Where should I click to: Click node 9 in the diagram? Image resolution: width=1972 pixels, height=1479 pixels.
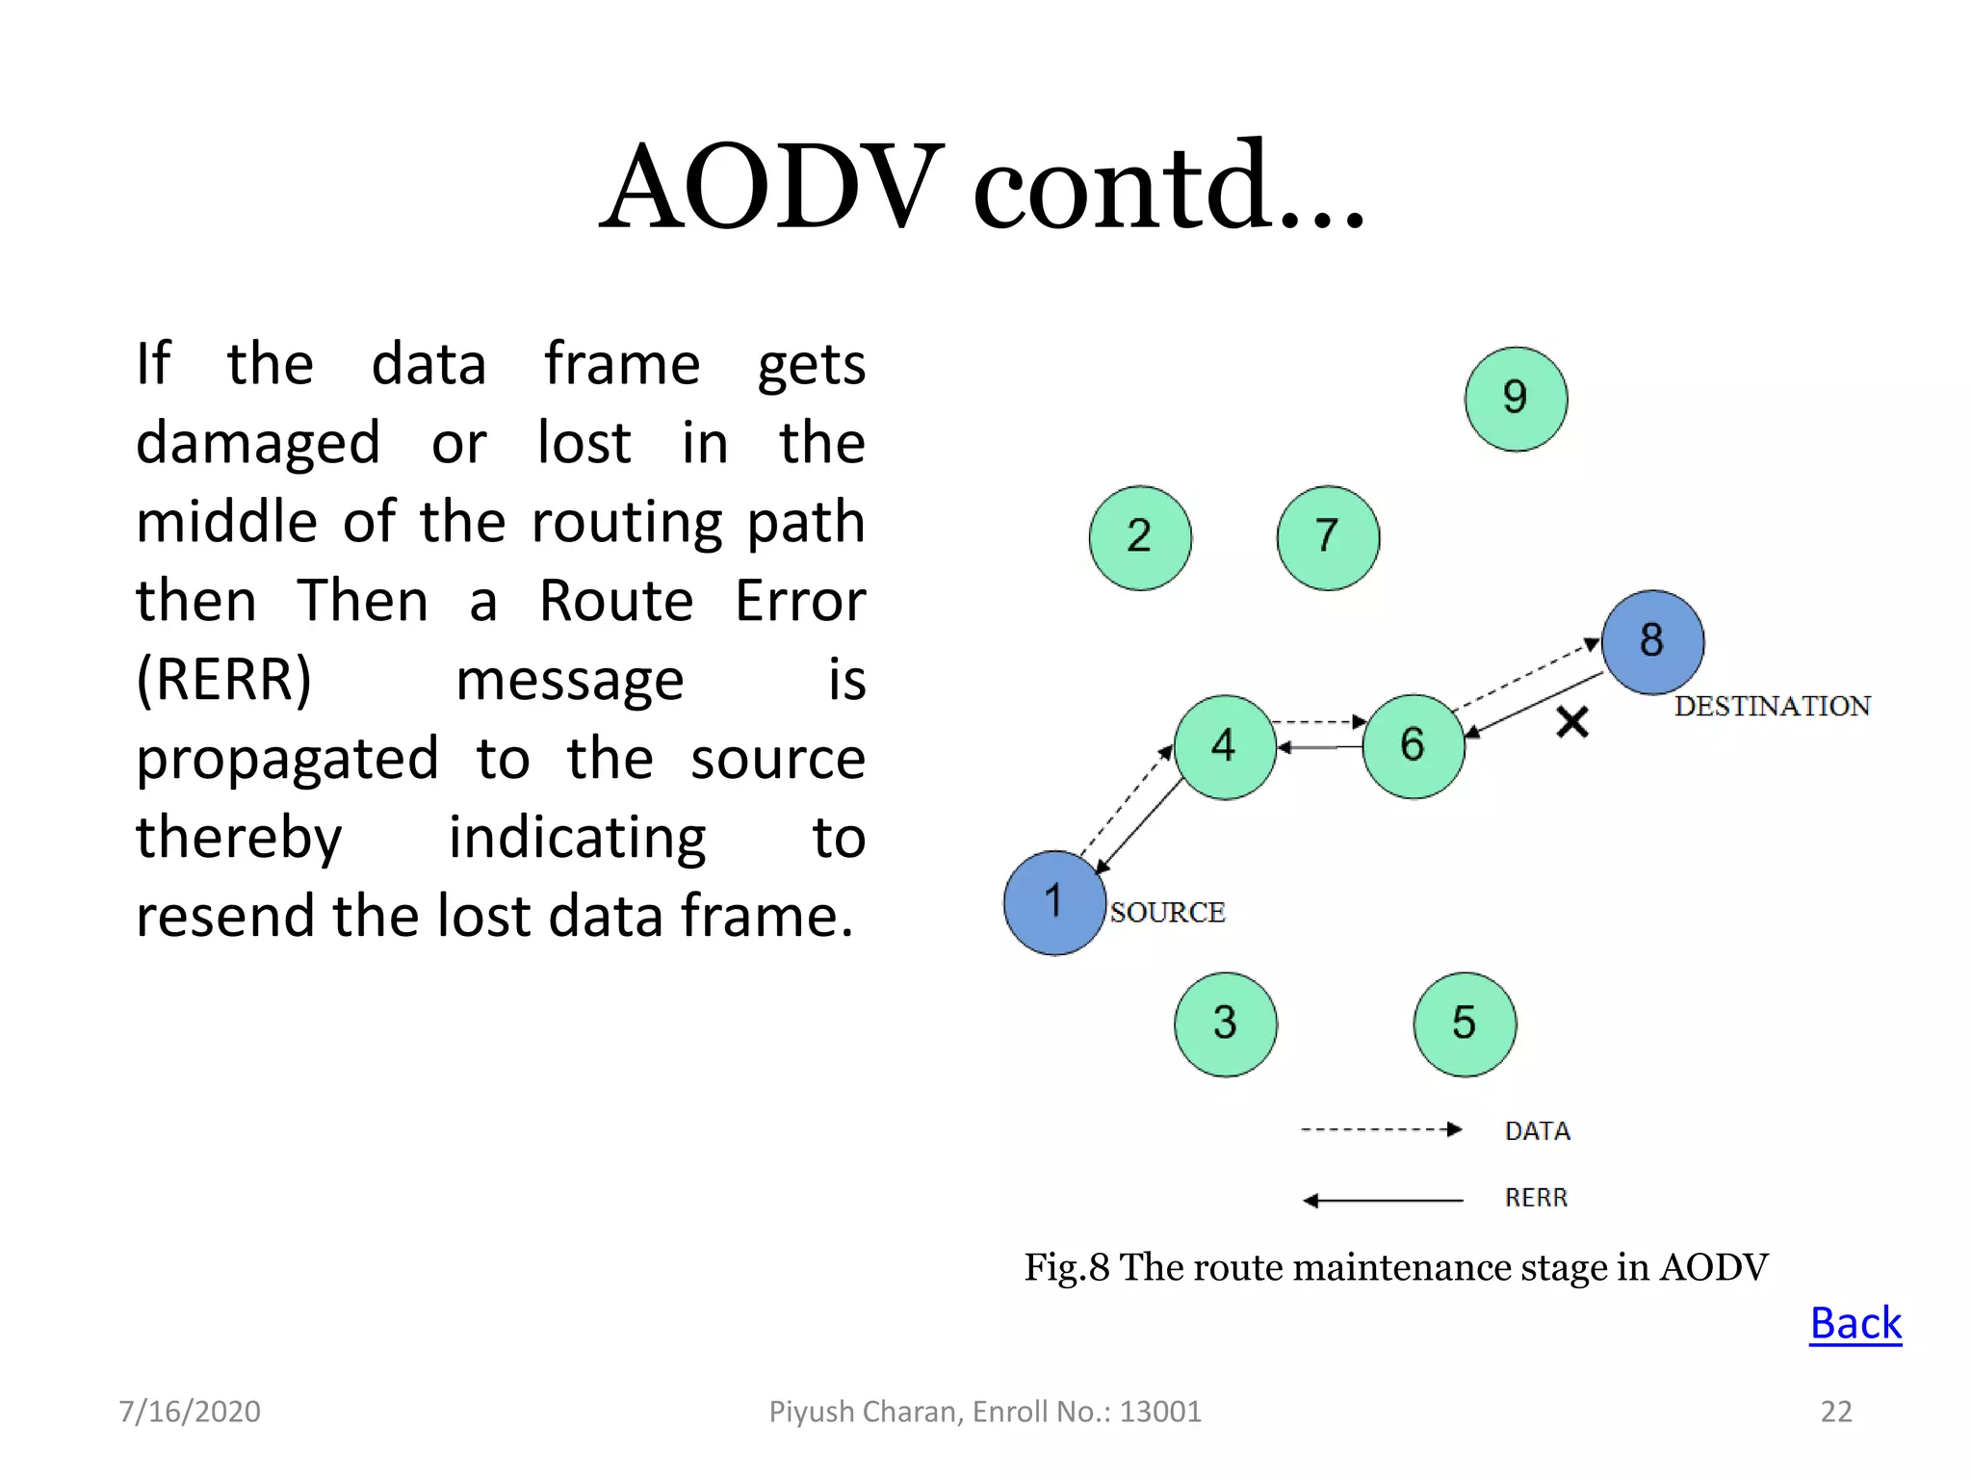[1516, 399]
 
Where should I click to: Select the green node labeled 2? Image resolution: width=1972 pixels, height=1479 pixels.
[1140, 537]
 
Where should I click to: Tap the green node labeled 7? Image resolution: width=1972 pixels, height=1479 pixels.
[1328, 537]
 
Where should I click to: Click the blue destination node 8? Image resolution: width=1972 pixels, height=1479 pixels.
[1652, 641]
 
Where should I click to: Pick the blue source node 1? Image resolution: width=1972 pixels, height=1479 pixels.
[1054, 902]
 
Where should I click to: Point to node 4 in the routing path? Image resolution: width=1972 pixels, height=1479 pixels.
[1225, 746]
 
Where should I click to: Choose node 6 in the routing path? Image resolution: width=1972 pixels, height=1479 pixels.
[1414, 746]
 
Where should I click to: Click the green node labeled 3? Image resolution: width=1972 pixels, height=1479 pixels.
[1225, 1024]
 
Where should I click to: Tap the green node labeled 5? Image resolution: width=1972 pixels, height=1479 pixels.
[1465, 1024]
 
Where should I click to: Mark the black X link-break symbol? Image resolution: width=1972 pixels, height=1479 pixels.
[1572, 721]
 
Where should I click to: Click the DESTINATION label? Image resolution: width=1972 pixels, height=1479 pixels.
[1772, 706]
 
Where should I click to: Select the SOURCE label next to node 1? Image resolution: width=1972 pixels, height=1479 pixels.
[1167, 912]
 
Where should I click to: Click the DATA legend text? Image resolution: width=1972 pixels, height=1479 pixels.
[1537, 1130]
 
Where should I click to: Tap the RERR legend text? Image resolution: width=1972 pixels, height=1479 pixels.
[1536, 1198]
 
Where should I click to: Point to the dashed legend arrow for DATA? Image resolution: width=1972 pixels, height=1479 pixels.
[1382, 1129]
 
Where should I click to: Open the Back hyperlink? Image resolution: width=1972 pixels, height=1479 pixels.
[1855, 1324]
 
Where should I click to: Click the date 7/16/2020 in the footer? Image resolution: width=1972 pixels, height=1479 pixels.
[190, 1412]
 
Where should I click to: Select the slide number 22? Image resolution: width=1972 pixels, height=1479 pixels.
[1835, 1412]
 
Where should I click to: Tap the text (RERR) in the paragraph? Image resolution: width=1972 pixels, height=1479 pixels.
[224, 680]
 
